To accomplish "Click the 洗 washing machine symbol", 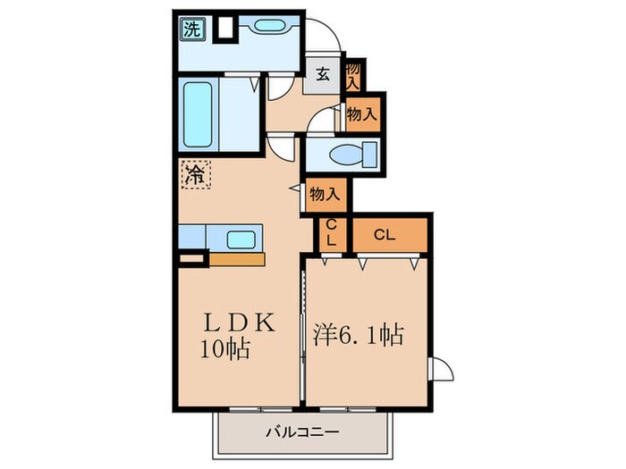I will (192, 29).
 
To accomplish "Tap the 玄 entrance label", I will (322, 75).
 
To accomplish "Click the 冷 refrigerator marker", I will (193, 174).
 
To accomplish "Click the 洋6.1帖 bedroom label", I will (358, 336).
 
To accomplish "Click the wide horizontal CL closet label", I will (385, 236).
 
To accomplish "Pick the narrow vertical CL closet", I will (331, 234).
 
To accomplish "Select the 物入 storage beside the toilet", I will (360, 113).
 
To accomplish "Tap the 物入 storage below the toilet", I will (325, 193).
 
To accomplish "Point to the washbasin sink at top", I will (266, 28).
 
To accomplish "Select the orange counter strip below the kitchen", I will (237, 260).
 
